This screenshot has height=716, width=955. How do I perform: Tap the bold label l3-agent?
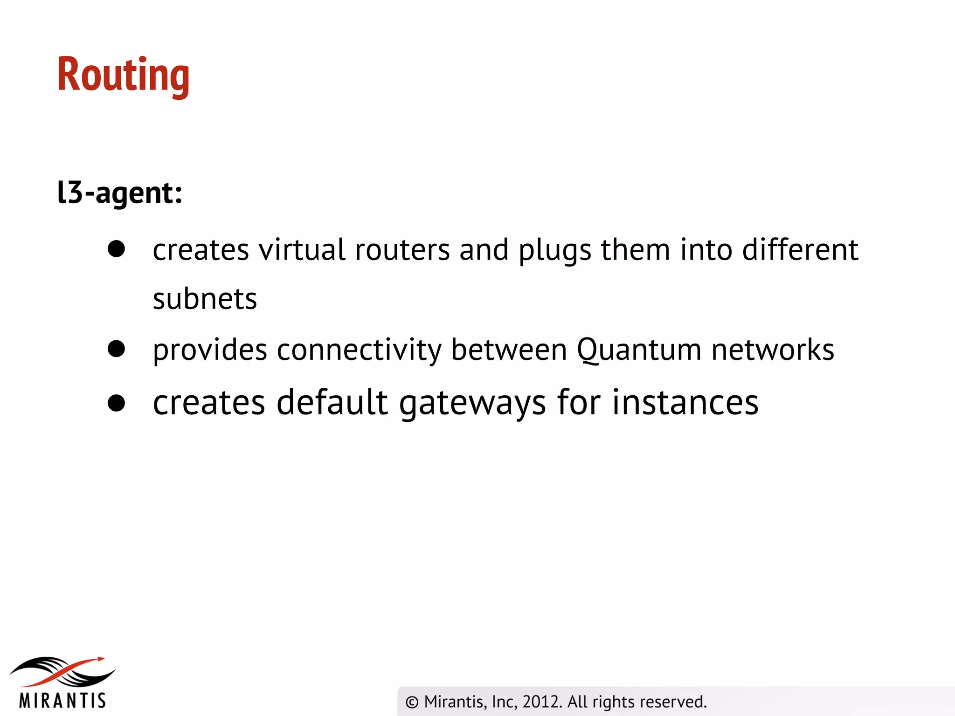click(119, 192)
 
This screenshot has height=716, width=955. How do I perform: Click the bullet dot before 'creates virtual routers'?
click(116, 249)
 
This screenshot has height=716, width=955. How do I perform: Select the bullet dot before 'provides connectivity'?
click(116, 349)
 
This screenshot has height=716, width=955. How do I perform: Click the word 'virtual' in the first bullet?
click(302, 250)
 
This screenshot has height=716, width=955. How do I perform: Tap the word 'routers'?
click(402, 250)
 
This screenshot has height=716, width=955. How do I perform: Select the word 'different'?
click(800, 250)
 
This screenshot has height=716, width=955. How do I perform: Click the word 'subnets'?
click(205, 299)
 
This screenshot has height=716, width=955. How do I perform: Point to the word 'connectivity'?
click(359, 350)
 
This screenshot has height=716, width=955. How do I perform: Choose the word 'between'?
click(509, 350)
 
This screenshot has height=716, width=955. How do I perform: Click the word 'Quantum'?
click(639, 350)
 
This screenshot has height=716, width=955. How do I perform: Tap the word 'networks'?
click(773, 350)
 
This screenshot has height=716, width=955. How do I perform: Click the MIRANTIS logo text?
click(62, 701)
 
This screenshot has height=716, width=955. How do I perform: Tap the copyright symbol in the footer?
click(412, 702)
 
